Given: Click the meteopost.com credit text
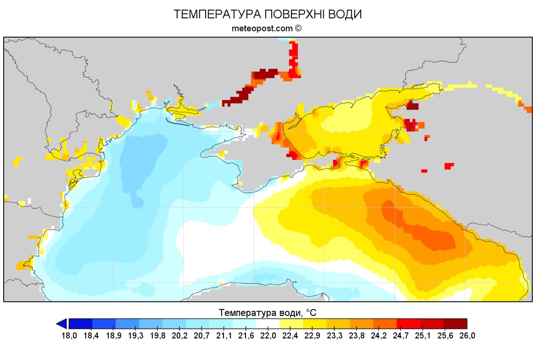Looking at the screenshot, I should pos(262,28).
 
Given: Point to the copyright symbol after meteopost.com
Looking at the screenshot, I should pos(298,28).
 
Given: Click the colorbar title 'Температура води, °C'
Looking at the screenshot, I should pos(268,312).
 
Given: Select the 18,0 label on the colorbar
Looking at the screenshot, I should pos(69,335).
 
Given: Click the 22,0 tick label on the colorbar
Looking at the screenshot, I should pos(268,335).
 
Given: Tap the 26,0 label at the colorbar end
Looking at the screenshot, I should pos(467,335).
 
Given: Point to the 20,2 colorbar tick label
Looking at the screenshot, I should pos(174,335).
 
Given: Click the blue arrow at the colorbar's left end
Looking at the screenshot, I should pos(61,323).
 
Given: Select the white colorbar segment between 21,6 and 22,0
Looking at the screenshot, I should pos(268,323).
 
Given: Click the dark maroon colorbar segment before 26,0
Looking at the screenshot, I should pos(455,323).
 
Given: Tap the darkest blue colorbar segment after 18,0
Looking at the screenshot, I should pos(81,323).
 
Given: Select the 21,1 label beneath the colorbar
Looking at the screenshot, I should pos(221,335).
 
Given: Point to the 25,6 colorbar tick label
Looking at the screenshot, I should pos(444,335).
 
